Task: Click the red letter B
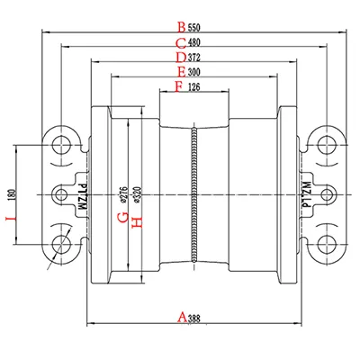181,26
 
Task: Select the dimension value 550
193,26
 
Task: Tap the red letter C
181,42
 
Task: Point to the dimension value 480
193,42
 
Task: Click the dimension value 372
193,58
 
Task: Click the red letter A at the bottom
181,317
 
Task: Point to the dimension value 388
194,317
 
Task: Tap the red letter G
122,217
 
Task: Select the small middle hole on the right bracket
328,194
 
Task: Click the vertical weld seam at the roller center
194,194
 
